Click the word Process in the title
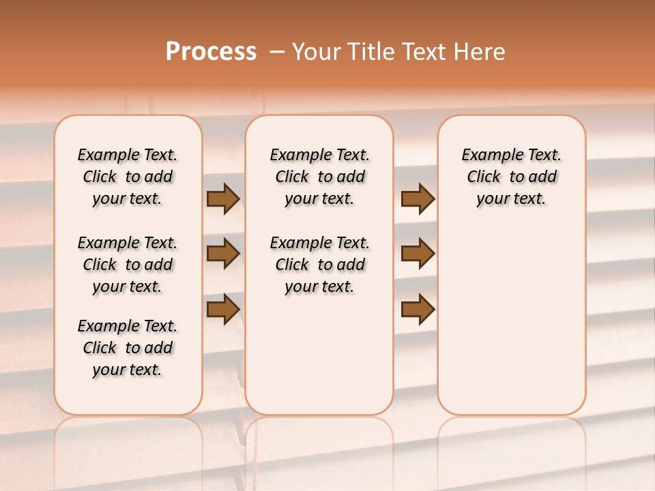(211, 52)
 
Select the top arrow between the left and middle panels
(223, 198)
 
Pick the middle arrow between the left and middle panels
(223, 254)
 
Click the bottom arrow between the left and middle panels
(223, 309)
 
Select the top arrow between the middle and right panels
(418, 198)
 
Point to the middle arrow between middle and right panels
(418, 254)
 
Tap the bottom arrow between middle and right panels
(418, 309)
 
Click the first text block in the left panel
(128, 177)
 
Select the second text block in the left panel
(128, 265)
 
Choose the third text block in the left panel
(128, 348)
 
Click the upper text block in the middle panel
(319, 177)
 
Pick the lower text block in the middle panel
(319, 265)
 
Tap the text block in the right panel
(511, 177)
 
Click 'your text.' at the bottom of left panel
(128, 370)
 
